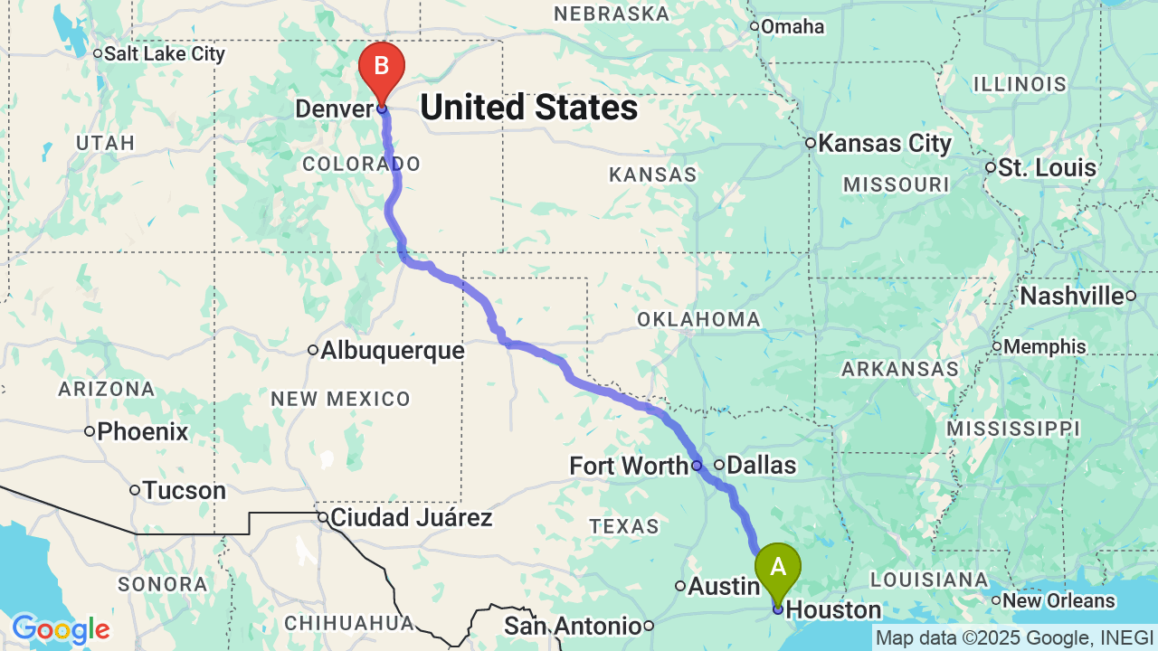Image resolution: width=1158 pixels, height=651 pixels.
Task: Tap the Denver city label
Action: pos(334,109)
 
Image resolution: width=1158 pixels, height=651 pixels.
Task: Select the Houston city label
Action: pos(833,610)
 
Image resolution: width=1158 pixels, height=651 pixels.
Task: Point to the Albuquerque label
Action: pos(392,351)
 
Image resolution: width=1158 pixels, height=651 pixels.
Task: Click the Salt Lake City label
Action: pos(164,53)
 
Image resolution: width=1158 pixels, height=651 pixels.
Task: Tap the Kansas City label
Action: pos(884,144)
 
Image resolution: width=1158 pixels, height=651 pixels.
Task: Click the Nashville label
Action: pos(1071,297)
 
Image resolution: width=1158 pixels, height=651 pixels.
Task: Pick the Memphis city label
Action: pos(1044,346)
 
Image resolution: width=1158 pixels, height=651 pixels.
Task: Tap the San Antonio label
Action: pos(573,626)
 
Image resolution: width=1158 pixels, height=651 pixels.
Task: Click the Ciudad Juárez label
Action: pos(411,518)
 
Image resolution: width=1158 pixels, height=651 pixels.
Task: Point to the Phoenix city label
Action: pos(142,432)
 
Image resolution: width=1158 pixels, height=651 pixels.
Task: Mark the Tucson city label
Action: pos(185,491)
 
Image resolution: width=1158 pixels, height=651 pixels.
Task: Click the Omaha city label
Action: pos(792,27)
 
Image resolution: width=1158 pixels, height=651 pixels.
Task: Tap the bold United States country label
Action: pos(528,108)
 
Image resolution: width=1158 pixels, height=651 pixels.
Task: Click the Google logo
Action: pos(61,629)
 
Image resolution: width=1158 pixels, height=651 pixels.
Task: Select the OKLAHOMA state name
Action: pos(698,319)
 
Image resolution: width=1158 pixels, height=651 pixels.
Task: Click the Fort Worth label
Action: pos(629,467)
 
